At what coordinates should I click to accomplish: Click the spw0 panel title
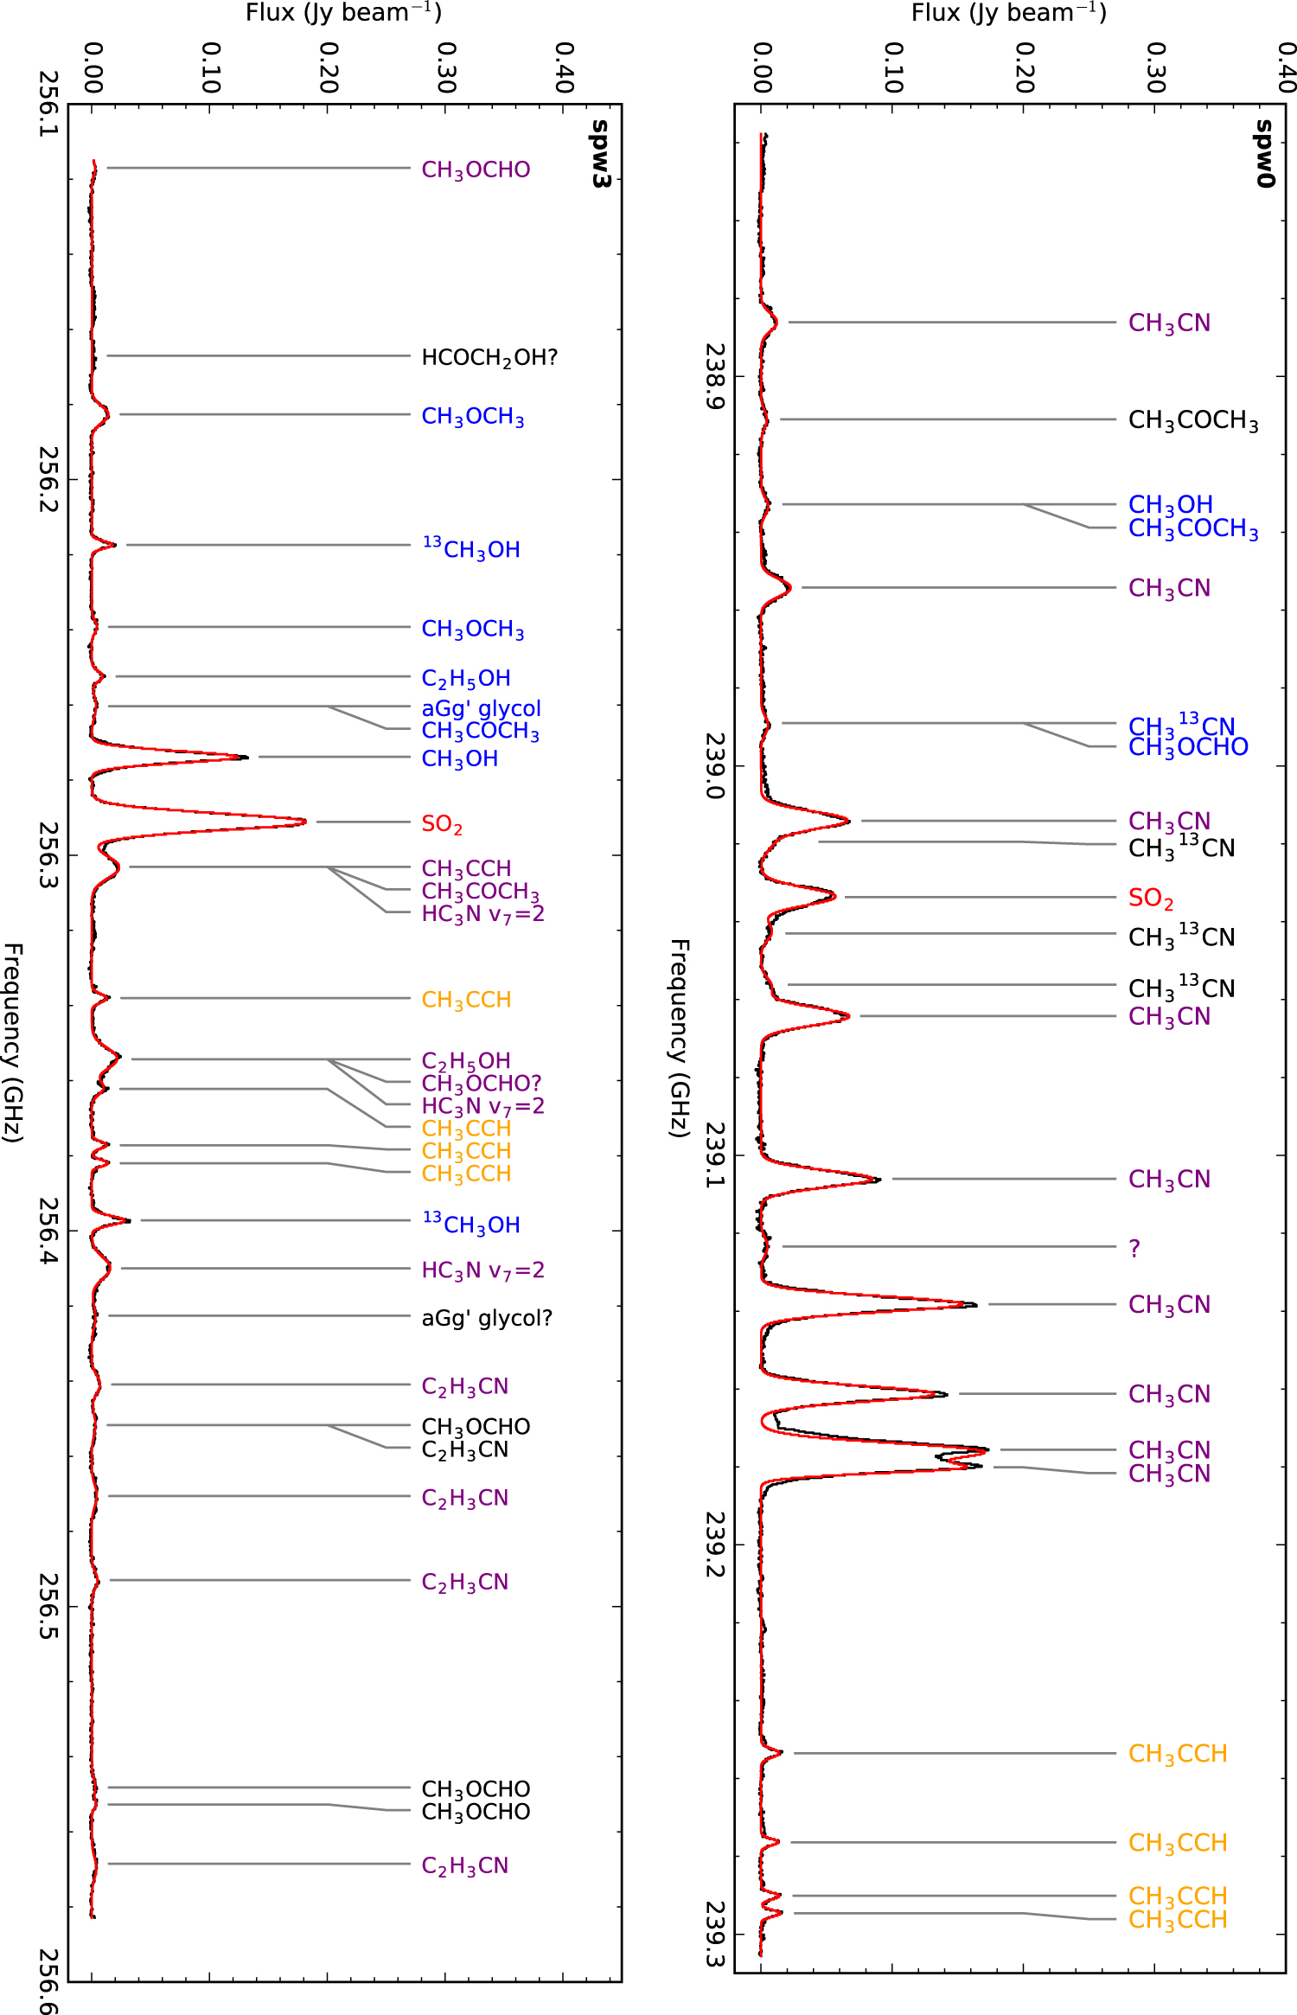tap(1265, 154)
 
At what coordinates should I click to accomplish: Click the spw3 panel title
tap(600, 154)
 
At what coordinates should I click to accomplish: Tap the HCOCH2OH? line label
tap(489, 357)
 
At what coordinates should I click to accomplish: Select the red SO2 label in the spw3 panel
tap(442, 824)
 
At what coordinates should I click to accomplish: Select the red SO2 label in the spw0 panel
tap(1151, 899)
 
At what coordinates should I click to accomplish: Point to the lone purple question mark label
tap(1134, 1248)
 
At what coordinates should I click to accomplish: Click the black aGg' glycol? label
tap(486, 1318)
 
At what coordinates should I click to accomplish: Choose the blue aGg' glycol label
tap(481, 708)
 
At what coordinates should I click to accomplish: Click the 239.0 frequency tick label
tap(715, 766)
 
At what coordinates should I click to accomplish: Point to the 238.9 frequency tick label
tap(715, 377)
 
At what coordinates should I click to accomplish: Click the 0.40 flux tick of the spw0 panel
tap(1286, 67)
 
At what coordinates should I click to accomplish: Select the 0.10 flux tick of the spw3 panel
tap(210, 67)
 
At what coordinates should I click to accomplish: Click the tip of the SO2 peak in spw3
tap(305, 822)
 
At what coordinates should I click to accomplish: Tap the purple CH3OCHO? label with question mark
tap(481, 1083)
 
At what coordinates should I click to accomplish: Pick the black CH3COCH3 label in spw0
tap(1193, 420)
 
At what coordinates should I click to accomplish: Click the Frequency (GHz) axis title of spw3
tap(12, 1042)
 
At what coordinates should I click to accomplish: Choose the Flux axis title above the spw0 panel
tap(1009, 12)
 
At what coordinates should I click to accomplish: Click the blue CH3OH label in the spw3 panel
tap(459, 758)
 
